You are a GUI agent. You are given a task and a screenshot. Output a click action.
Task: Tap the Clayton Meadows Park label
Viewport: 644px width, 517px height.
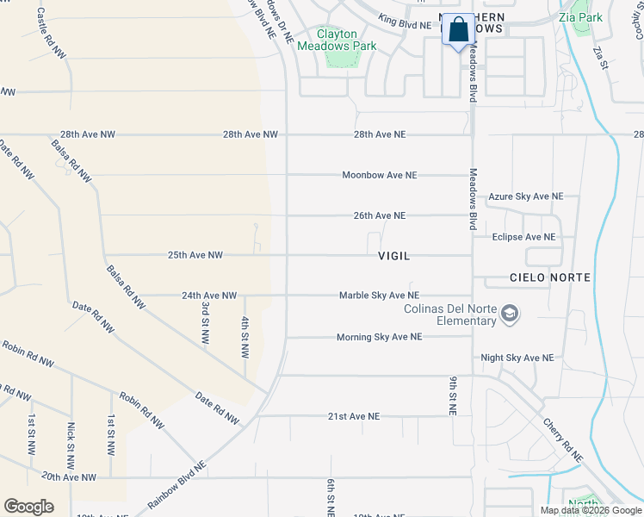[x=337, y=40]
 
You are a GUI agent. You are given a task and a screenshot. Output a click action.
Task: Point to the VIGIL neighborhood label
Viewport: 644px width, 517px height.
[x=393, y=257]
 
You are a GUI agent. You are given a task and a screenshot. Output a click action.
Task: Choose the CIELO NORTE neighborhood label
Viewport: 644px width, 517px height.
[x=550, y=277]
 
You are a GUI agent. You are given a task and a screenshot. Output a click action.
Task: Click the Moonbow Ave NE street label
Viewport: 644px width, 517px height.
[x=379, y=175]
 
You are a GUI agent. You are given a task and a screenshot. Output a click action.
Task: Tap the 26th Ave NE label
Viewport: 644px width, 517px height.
[x=379, y=215]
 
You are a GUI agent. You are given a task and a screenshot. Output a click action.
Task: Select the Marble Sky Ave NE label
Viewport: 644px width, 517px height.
[x=379, y=296]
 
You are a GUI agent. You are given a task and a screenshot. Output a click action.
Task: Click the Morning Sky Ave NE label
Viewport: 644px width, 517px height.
[x=379, y=337]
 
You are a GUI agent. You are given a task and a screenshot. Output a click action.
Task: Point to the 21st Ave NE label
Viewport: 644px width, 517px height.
[x=353, y=416]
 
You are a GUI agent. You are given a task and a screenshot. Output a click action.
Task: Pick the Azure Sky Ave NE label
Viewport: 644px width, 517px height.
[x=525, y=197]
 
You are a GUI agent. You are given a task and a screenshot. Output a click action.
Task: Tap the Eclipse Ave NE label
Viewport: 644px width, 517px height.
[x=523, y=237]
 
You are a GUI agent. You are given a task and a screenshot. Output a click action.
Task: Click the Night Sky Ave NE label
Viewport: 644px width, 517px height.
[x=517, y=358]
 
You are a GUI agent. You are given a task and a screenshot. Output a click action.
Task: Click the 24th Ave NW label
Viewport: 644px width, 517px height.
[x=209, y=296]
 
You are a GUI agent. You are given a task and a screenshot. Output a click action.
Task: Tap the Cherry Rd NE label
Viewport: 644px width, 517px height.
[x=563, y=439]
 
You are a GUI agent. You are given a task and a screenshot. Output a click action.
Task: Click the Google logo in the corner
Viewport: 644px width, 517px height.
[x=28, y=507]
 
